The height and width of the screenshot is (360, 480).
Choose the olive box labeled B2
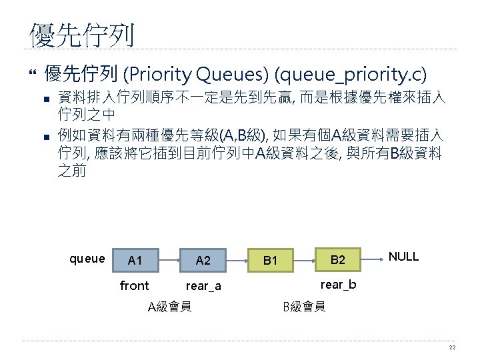(x=338, y=259)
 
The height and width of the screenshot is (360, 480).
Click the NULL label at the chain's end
(x=403, y=257)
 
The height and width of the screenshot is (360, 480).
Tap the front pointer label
(x=134, y=286)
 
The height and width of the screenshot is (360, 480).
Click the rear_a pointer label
(x=203, y=287)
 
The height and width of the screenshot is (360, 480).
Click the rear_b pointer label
(x=339, y=285)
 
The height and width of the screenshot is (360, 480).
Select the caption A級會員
(x=169, y=307)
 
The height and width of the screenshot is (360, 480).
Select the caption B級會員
(x=304, y=307)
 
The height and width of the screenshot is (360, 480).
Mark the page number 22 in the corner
(x=452, y=347)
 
